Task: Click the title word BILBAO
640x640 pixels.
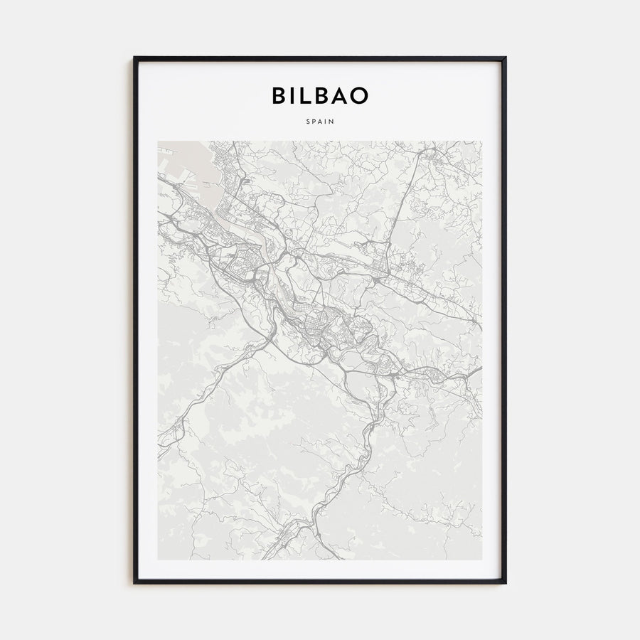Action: [320, 95]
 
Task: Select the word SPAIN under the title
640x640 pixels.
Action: [320, 122]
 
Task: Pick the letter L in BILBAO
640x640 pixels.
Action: [309, 95]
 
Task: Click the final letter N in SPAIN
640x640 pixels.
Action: [332, 122]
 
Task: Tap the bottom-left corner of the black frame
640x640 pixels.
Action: [134, 582]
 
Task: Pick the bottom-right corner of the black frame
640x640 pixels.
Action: [506, 582]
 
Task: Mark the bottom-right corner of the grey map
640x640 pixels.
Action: [481, 559]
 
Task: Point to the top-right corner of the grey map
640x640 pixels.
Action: [481, 142]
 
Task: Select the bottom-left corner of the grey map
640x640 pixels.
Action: [159, 559]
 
